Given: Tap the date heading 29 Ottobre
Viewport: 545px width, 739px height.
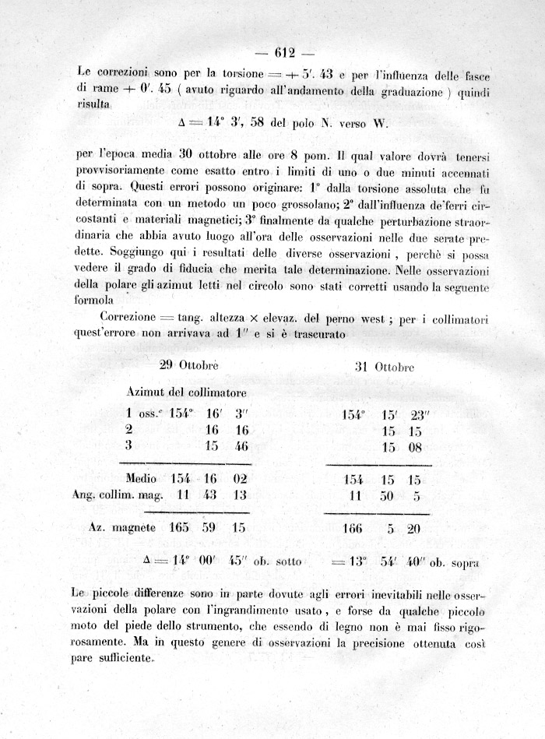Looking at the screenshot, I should click(x=188, y=365).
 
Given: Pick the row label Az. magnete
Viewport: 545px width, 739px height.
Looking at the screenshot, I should click(x=125, y=526).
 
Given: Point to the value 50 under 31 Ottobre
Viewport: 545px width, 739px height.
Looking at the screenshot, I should click(x=388, y=497).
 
